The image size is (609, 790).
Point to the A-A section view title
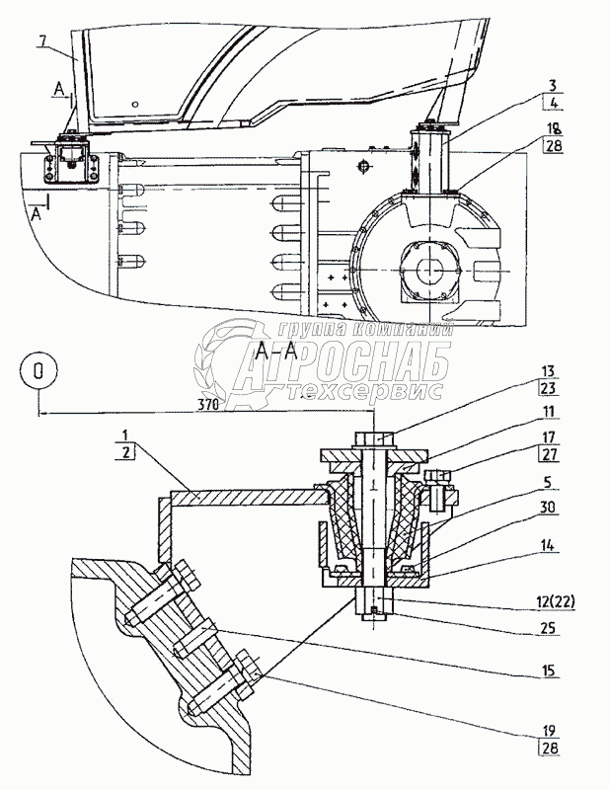coord(277,351)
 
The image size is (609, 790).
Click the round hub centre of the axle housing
coord(432,267)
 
